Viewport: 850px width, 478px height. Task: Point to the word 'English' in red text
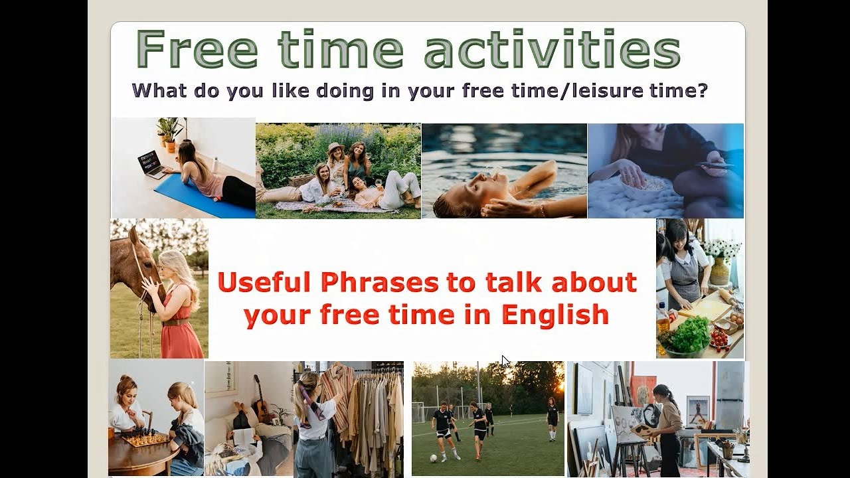[x=554, y=314]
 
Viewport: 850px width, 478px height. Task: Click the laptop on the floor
[x=150, y=163]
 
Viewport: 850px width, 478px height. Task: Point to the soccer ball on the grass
[x=433, y=457]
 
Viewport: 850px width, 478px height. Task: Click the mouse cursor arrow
[x=505, y=361]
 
